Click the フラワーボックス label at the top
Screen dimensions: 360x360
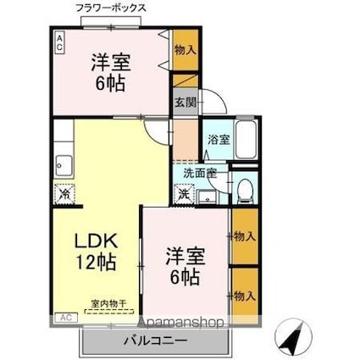(111, 8)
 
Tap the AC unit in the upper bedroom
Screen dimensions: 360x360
(59, 42)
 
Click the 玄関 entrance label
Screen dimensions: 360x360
(186, 102)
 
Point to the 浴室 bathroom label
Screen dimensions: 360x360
(219, 140)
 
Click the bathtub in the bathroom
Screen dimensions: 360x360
(246, 140)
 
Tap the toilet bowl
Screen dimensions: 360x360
(245, 191)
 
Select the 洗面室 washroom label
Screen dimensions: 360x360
(200, 173)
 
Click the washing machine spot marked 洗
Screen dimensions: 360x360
(185, 194)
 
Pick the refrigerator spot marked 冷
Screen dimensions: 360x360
(64, 194)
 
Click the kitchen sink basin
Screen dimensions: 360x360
(64, 165)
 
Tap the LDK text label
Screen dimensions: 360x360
(96, 241)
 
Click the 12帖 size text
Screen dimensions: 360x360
(96, 263)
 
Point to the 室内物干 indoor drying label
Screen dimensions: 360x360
(108, 304)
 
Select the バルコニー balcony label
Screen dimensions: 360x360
(155, 341)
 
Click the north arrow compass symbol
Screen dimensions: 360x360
(294, 337)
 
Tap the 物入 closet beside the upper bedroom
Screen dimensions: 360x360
(186, 50)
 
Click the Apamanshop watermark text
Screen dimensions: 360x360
(180, 323)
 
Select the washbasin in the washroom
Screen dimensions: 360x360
(208, 197)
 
